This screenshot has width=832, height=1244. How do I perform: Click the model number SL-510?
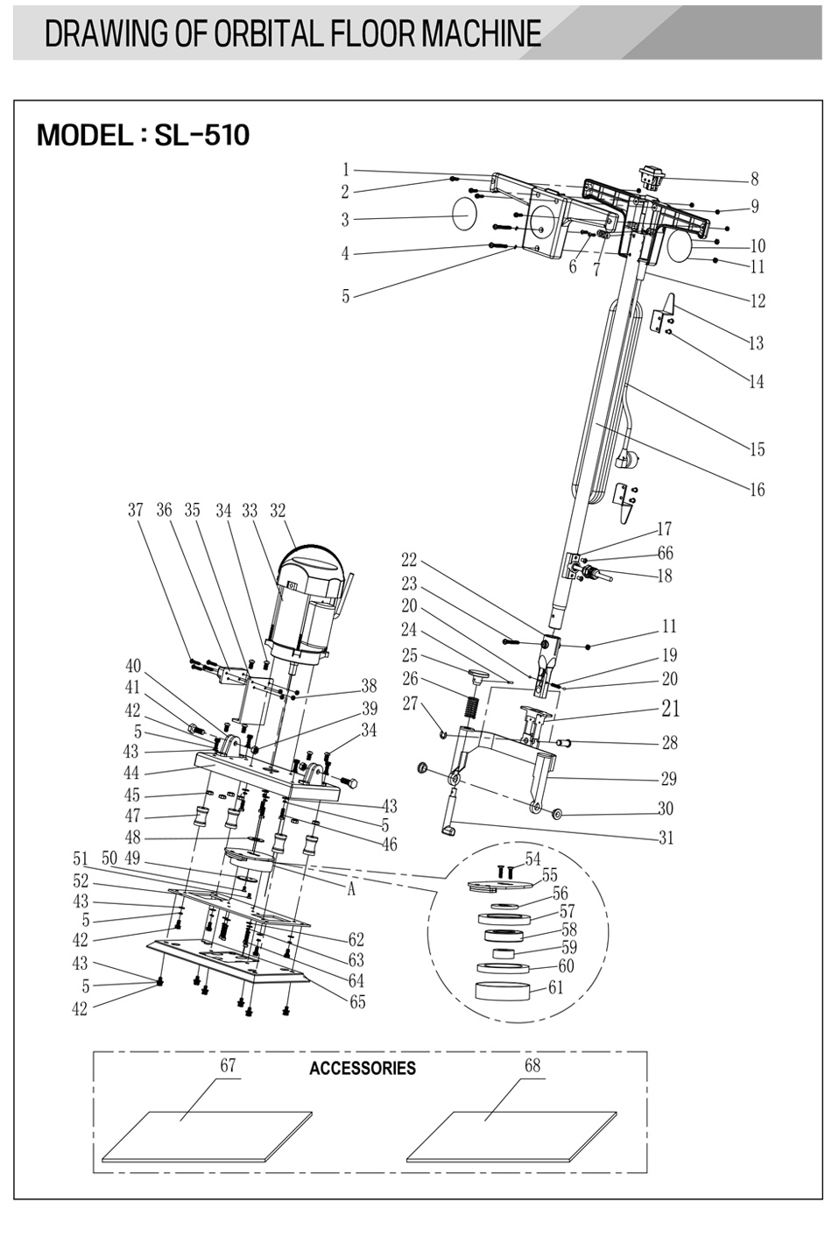[x=202, y=135]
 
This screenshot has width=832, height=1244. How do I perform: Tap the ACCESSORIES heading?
[x=363, y=1067]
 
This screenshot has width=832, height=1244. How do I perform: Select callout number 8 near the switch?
[x=754, y=180]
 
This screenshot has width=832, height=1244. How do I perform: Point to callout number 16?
[x=758, y=489]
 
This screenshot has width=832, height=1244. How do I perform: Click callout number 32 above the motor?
[x=278, y=510]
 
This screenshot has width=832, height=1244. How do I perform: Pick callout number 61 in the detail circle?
[x=555, y=986]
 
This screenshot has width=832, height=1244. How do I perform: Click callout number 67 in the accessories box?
[x=228, y=1064]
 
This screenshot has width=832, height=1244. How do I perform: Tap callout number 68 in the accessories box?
[x=532, y=1064]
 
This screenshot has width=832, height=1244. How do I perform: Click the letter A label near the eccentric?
[x=351, y=890]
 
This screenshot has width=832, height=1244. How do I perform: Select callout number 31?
[x=666, y=838]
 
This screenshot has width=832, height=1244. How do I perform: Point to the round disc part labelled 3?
[x=465, y=214]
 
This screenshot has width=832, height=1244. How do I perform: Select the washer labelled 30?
[x=555, y=814]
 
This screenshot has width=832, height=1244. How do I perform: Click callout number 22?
[x=409, y=559]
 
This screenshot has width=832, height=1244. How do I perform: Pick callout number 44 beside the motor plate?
[x=131, y=773]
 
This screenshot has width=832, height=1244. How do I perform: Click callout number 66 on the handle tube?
[x=666, y=553]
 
